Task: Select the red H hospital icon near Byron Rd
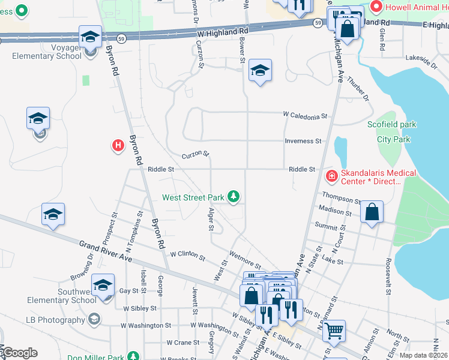pyautogui.click(x=118, y=145)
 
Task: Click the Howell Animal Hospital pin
pyautogui.click(x=377, y=7)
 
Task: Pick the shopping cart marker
pyautogui.click(x=334, y=329)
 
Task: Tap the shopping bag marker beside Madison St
pyautogui.click(x=372, y=212)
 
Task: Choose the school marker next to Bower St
pyautogui.click(x=260, y=71)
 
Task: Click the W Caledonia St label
pyautogui.click(x=306, y=115)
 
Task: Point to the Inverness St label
pyautogui.click(x=303, y=141)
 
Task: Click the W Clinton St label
pyautogui.click(x=188, y=256)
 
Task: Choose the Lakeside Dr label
pyautogui.click(x=422, y=59)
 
